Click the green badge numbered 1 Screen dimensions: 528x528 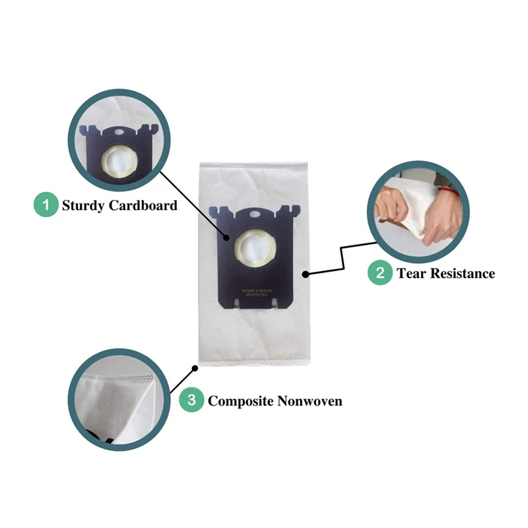46,205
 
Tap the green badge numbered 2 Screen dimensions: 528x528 380,273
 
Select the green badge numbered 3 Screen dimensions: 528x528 191,400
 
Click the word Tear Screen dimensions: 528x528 411,273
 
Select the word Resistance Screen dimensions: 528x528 463,273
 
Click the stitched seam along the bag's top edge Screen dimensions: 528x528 254,162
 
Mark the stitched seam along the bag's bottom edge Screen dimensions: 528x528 254,362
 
